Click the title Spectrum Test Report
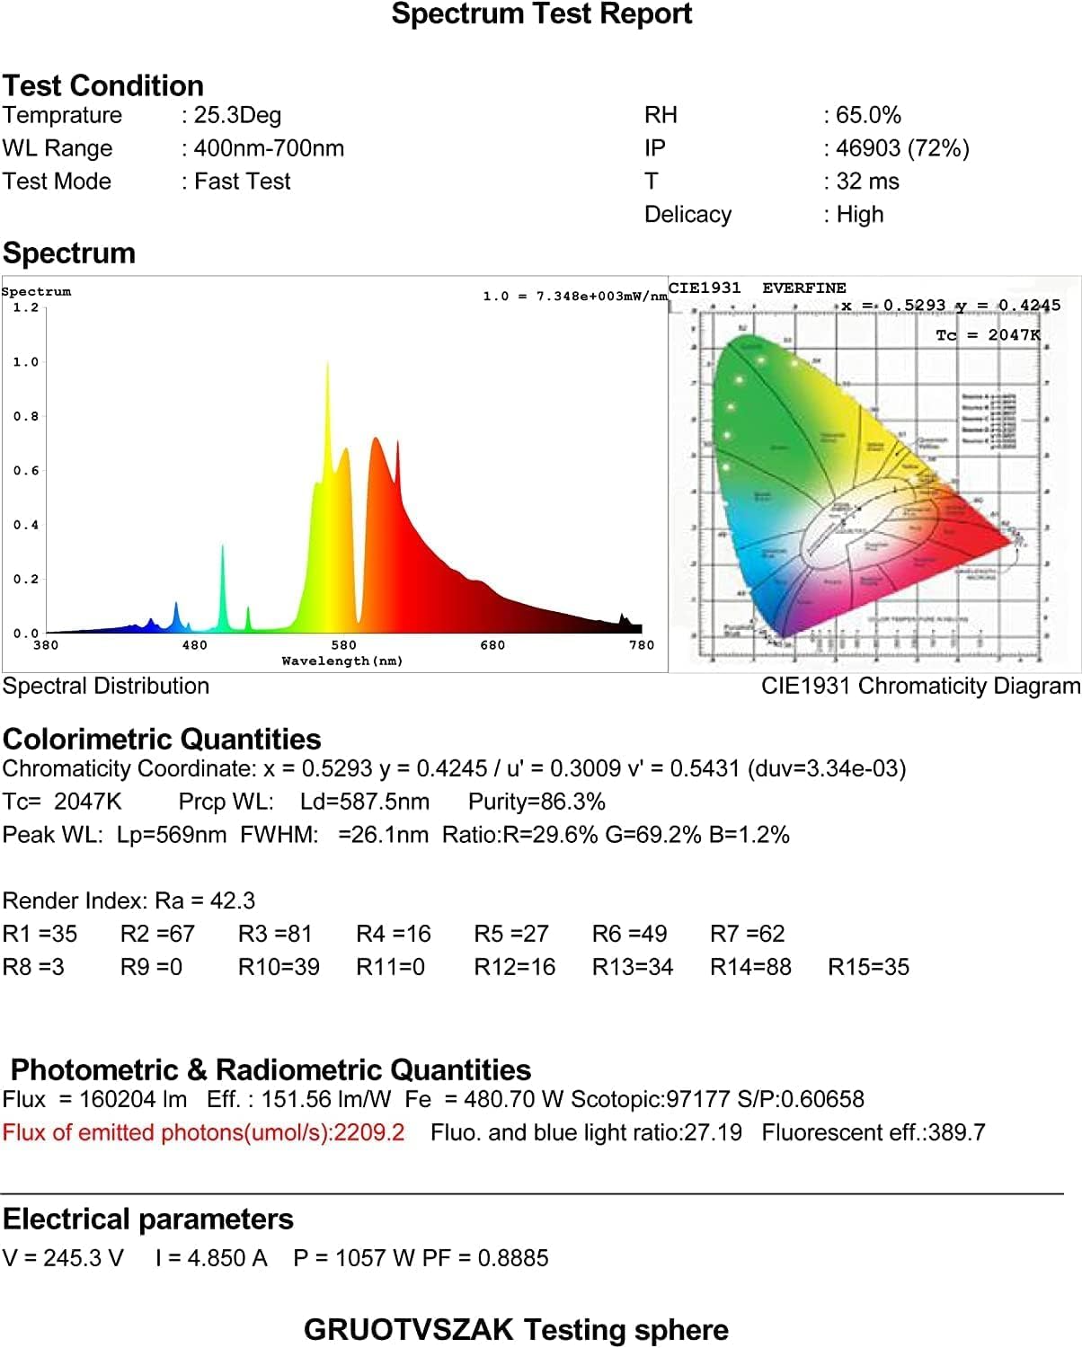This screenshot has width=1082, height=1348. tap(541, 14)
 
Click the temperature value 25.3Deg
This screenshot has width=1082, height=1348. tap(237, 115)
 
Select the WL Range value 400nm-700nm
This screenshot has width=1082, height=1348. tap(269, 148)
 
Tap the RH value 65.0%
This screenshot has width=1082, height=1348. tap(868, 115)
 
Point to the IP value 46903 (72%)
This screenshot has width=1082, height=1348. tap(902, 148)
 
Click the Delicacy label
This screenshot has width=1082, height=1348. tap(687, 215)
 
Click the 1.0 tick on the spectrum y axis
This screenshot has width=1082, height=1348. tap(26, 362)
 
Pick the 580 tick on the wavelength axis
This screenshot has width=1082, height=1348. tap(343, 645)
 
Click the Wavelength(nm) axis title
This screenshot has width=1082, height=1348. tap(342, 661)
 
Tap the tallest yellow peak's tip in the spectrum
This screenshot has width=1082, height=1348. tap(327, 363)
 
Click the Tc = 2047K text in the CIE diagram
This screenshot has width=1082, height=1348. tap(988, 335)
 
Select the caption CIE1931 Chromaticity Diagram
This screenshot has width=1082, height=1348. tap(920, 687)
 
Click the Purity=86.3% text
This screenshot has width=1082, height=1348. tap(537, 802)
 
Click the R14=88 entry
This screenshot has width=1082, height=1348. tap(750, 967)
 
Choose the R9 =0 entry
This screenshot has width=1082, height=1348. tap(151, 967)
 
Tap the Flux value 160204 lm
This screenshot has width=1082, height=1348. tap(133, 1099)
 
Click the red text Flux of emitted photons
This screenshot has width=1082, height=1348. tap(203, 1132)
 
